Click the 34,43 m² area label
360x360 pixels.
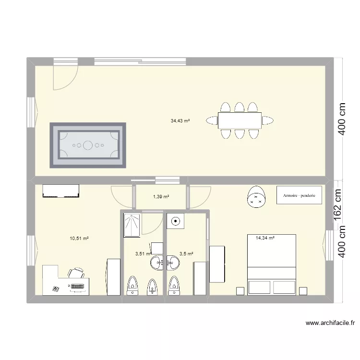pyautogui.click(x=180, y=121)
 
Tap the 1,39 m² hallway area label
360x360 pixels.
pyautogui.click(x=161, y=197)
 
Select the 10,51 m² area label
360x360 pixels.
pyautogui.click(x=79, y=238)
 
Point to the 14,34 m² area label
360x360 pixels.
pyautogui.click(x=265, y=237)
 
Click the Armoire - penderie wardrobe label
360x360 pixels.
pyautogui.click(x=299, y=196)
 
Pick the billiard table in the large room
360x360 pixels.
pyautogui.click(x=88, y=144)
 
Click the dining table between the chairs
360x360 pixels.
pyautogui.click(x=240, y=120)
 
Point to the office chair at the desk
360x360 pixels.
pyautogui.click(x=77, y=274)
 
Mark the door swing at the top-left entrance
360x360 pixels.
pyautogui.click(x=65, y=77)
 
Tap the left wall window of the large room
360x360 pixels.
pyautogui.click(x=31, y=113)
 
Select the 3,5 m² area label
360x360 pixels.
pyautogui.click(x=186, y=254)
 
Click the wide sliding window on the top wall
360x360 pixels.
pyautogui.click(x=140, y=61)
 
